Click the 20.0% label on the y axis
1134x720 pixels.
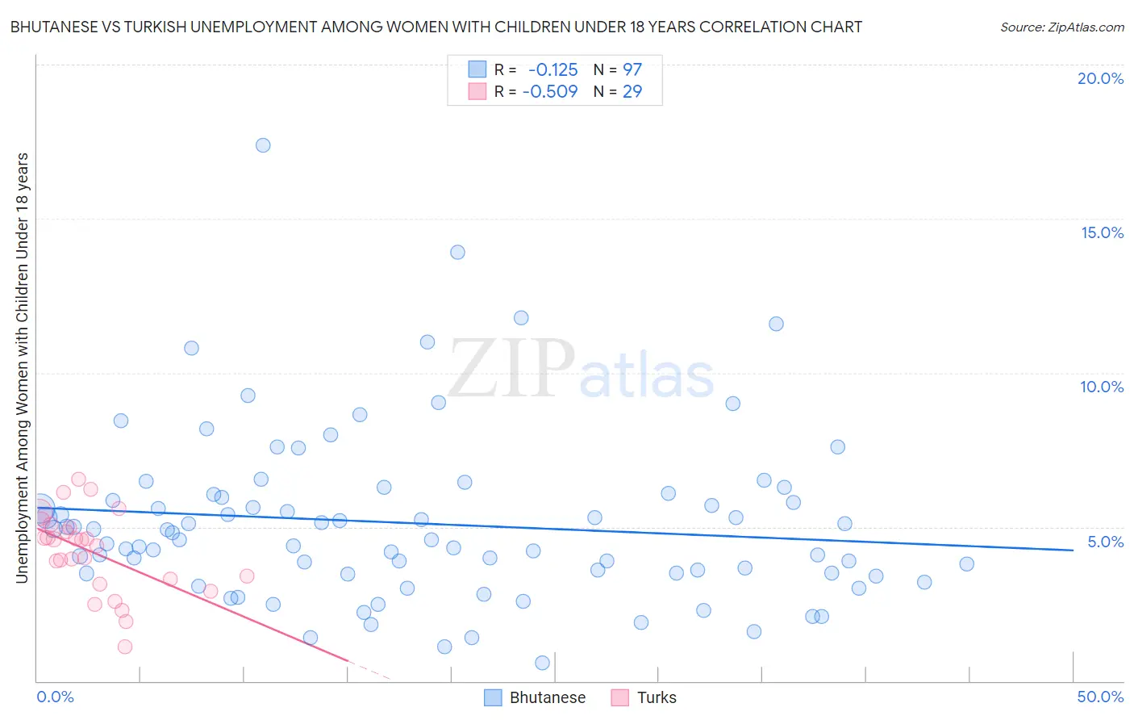pos(1100,78)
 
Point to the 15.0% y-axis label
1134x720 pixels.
pos(1102,232)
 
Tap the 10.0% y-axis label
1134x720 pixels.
pos(1102,387)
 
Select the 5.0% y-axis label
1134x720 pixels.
pos(1105,542)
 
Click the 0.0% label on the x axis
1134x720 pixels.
pos(56,697)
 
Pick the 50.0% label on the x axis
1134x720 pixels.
pos(1100,697)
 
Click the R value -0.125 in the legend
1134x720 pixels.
pos(552,70)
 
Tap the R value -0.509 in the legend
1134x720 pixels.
pos(550,91)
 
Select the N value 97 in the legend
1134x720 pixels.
pos(632,70)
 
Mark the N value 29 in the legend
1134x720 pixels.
pos(632,91)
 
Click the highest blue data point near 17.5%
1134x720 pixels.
pos(263,145)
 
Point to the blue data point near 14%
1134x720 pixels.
pos(457,252)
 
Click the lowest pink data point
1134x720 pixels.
pos(125,647)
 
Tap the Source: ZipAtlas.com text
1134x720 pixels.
pos(1061,27)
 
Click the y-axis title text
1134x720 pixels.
pos(22,367)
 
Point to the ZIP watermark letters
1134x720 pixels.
pos(511,369)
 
